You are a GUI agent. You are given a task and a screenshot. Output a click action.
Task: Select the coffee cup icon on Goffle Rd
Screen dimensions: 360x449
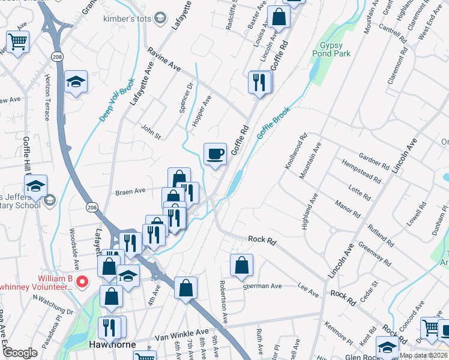pos(215,154)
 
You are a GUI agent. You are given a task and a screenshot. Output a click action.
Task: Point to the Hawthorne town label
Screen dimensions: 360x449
pos(111,345)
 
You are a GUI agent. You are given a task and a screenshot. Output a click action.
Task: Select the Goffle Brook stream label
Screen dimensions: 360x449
pos(274,124)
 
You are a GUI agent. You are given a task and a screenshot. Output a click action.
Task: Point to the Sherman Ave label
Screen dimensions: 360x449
pos(262,286)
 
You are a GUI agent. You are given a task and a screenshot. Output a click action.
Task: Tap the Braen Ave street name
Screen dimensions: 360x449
pos(131,191)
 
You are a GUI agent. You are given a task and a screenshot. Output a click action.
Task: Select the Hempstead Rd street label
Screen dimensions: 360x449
pos(361,171)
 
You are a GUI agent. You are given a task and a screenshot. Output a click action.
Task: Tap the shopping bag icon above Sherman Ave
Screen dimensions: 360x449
pos(241,265)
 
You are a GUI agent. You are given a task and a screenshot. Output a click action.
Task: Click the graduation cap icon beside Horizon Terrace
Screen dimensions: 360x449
pos(76,82)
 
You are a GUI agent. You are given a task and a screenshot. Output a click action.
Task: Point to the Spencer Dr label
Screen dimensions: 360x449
pos(190,93)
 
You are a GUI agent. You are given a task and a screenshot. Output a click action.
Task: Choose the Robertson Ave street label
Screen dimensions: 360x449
pos(223,302)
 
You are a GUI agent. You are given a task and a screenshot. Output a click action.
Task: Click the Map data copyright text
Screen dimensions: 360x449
pos(422,355)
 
